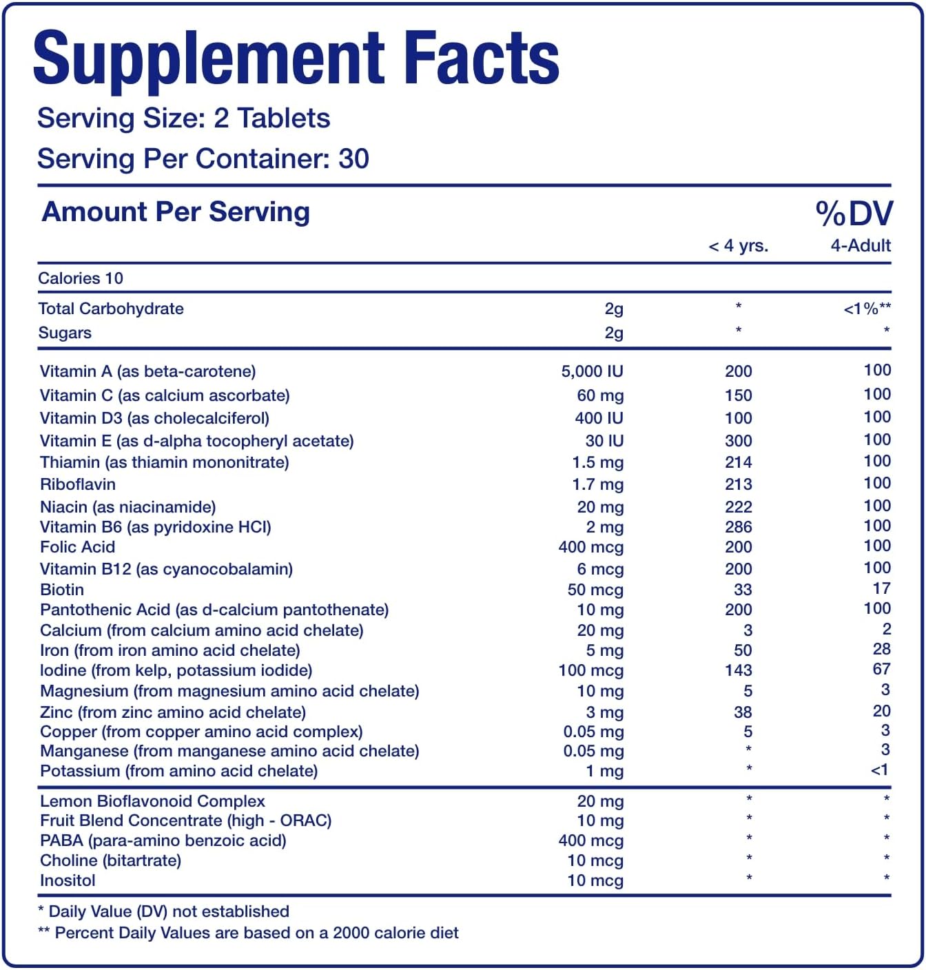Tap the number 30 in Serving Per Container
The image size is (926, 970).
tap(354, 159)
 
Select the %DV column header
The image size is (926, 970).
tap(854, 214)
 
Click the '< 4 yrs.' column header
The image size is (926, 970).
tap(738, 246)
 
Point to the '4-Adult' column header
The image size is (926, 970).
tap(861, 246)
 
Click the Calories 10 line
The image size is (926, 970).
tap(81, 278)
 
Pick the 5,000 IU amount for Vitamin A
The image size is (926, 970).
tap(592, 372)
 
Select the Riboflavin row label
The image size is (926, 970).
tap(78, 484)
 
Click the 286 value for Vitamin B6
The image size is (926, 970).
tap(738, 527)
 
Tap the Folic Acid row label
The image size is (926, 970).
tap(78, 547)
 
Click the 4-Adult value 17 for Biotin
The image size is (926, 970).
tap(881, 589)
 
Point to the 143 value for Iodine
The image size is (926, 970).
tap(738, 670)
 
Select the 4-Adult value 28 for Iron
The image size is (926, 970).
tap(881, 650)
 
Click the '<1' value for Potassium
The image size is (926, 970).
tap(880, 770)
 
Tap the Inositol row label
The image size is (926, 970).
tap(68, 880)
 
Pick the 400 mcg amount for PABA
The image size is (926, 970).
tap(590, 841)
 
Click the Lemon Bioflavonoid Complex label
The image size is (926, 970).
tap(152, 801)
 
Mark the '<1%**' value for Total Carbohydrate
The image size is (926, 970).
tap(867, 309)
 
